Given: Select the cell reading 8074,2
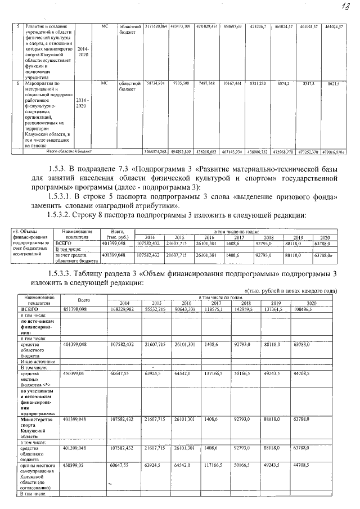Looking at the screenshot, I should pos(282,83).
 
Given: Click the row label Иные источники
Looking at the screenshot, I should pos(37,362).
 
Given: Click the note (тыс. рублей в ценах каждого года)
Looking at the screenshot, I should pos(291,291).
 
